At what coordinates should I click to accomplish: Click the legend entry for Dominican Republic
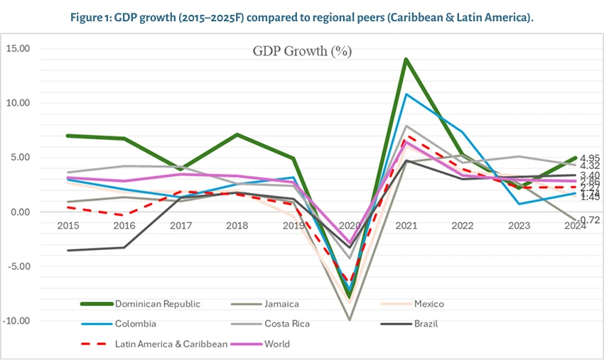pyautogui.click(x=157, y=304)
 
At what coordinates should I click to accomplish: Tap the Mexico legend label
pyautogui.click(x=428, y=304)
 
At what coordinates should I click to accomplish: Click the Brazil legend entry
pyautogui.click(x=425, y=324)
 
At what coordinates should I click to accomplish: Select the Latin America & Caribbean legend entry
pyautogui.click(x=171, y=344)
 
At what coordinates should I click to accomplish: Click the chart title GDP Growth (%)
pyautogui.click(x=302, y=51)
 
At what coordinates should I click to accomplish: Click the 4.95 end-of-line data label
pyautogui.click(x=590, y=158)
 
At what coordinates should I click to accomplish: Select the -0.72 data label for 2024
pyautogui.click(x=588, y=221)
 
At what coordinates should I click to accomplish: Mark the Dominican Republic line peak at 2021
pyautogui.click(x=406, y=59)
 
